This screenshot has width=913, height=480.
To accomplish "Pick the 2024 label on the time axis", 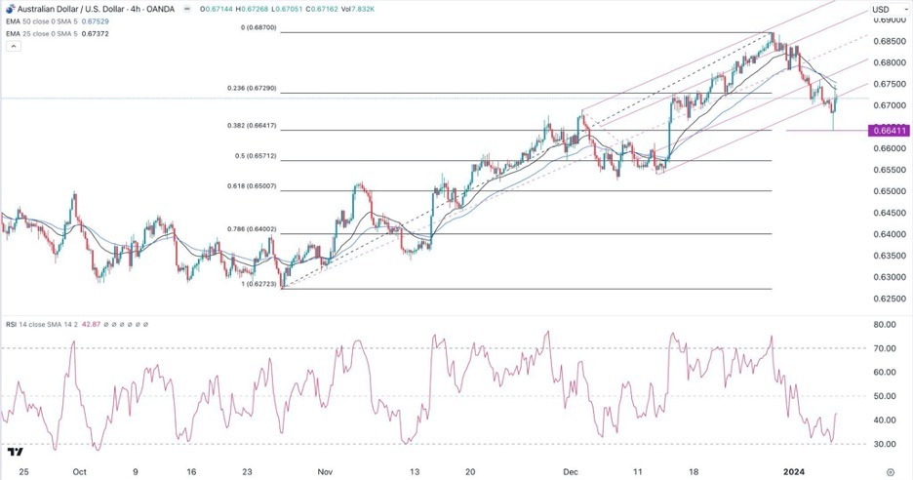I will pos(796,468).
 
